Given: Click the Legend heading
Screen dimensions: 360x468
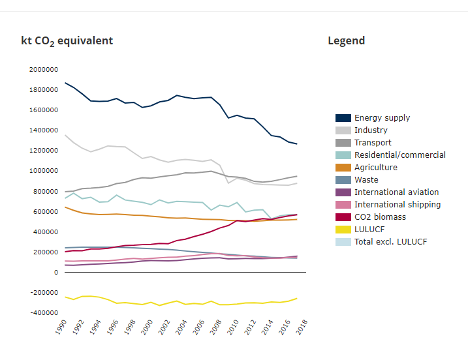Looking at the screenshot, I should pyautogui.click(x=346, y=41).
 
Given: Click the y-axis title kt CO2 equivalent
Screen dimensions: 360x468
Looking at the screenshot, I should pyautogui.click(x=67, y=41).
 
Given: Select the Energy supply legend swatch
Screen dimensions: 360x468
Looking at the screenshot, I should pyautogui.click(x=343, y=118).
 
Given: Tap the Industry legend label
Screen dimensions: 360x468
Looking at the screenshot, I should pyautogui.click(x=371, y=130).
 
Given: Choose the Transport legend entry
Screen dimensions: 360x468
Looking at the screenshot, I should pyautogui.click(x=373, y=143).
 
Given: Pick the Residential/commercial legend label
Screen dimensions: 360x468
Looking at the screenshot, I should pyautogui.click(x=399, y=155).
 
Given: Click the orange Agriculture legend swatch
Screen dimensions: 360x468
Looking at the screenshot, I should pyautogui.click(x=343, y=168).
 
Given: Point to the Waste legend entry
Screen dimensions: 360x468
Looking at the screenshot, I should pyautogui.click(x=366, y=180).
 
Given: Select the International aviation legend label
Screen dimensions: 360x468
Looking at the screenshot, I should pyautogui.click(x=396, y=192).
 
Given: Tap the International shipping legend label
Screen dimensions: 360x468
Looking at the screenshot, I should pyautogui.click(x=397, y=205).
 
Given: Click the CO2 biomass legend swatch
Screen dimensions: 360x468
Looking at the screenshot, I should pyautogui.click(x=343, y=217).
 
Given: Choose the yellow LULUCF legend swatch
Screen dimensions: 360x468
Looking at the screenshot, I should pyautogui.click(x=343, y=230).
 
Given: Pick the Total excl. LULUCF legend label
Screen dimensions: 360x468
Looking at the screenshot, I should pyautogui.click(x=390, y=242).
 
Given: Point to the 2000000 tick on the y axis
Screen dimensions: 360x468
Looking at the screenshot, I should pyautogui.click(x=43, y=69).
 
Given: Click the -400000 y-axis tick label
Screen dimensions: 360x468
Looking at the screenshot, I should pyautogui.click(x=43, y=313).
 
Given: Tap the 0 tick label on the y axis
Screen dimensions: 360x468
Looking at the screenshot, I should pyautogui.click(x=57, y=273).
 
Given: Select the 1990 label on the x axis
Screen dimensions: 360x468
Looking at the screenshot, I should pyautogui.click(x=61, y=327).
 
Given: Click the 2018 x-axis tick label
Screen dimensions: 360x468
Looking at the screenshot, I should pyautogui.click(x=302, y=327).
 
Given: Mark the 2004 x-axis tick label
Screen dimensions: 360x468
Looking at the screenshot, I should pyautogui.click(x=181, y=327).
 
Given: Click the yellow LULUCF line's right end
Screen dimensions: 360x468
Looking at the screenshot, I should pyautogui.click(x=297, y=299).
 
